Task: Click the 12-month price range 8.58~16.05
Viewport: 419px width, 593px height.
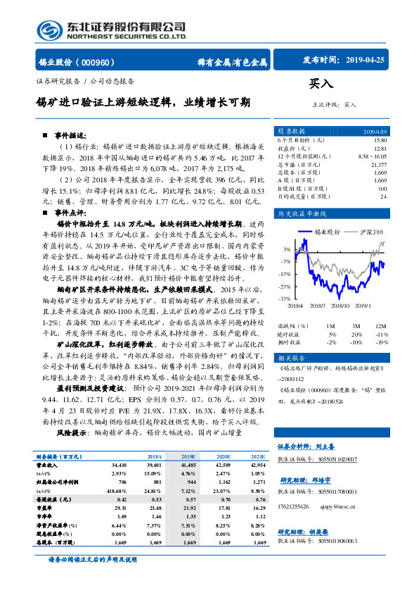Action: [372, 156]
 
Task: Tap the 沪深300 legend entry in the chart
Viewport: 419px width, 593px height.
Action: [370, 231]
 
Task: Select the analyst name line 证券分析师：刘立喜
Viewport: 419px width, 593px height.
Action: [307, 446]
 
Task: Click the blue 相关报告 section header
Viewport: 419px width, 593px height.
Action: [290, 358]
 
